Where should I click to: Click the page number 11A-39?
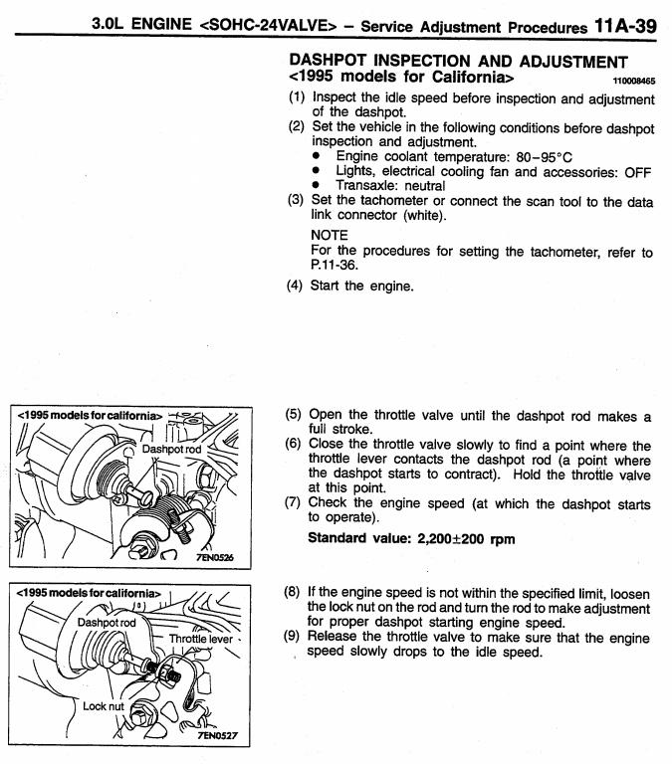pyautogui.click(x=619, y=25)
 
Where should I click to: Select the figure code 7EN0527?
pyautogui.click(x=222, y=737)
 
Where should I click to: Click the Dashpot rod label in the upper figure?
pyautogui.click(x=172, y=450)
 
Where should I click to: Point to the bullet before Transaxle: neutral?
pyautogui.click(x=317, y=186)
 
